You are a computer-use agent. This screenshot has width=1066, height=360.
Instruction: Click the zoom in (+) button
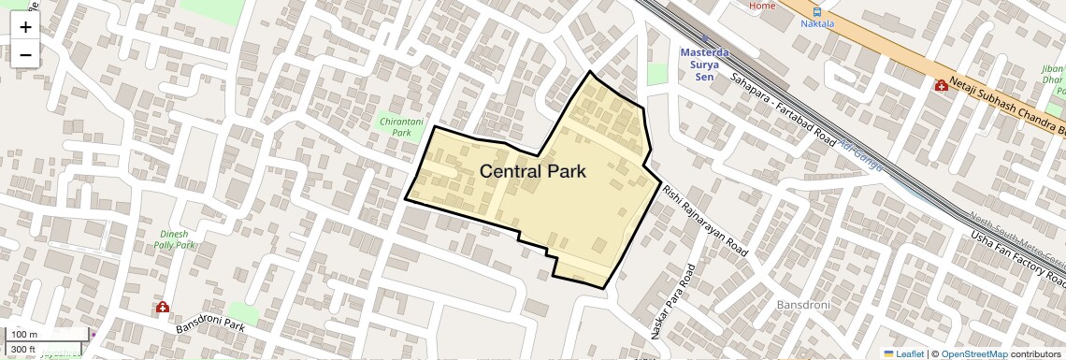25,27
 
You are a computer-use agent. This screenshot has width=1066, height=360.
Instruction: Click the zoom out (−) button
25,55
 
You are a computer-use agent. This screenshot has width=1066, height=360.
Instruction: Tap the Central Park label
533,171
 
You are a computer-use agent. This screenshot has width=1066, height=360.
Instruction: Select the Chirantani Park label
401,127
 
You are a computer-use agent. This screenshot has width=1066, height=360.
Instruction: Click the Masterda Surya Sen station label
704,64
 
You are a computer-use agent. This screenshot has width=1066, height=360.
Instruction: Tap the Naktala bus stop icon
818,13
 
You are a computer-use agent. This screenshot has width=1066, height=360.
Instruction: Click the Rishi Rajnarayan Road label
705,221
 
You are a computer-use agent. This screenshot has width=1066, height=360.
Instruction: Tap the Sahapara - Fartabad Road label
783,109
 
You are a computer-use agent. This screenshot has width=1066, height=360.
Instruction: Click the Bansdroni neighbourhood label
804,306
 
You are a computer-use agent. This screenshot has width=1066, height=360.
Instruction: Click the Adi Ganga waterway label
860,156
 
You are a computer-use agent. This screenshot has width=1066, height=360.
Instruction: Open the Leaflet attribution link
903,353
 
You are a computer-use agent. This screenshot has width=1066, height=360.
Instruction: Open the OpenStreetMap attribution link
973,353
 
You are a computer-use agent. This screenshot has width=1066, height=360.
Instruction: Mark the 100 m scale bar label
24,335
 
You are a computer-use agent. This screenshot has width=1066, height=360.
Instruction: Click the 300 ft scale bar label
23,350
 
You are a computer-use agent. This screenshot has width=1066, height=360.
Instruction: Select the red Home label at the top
762,6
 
